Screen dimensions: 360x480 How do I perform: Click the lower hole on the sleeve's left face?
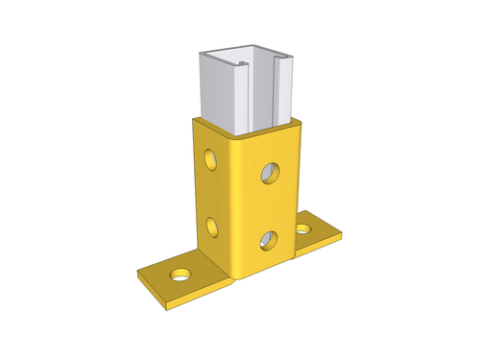pyautogui.click(x=211, y=228)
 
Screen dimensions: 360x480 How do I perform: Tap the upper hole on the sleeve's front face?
pyautogui.click(x=270, y=174)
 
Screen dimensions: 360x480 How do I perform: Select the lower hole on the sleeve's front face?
pyautogui.click(x=269, y=239)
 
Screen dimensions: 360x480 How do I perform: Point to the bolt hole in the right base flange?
pyautogui.click(x=304, y=228)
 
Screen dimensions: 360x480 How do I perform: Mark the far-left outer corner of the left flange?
pyautogui.click(x=138, y=274)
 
